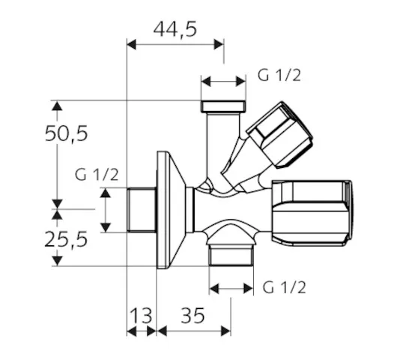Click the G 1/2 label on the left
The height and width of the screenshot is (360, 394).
click(x=97, y=175)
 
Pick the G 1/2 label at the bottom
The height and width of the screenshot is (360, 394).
click(x=284, y=286)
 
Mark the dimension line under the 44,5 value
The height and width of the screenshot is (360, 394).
click(x=175, y=45)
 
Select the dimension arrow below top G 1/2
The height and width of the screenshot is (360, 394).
click(x=223, y=82)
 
